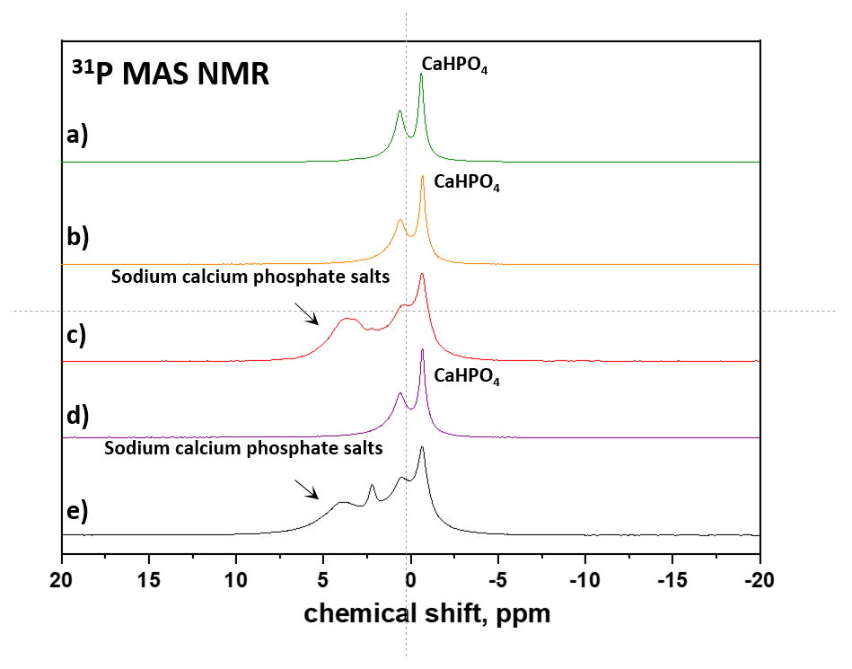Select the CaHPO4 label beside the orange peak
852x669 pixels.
[x=467, y=182]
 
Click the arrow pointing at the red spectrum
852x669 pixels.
[x=307, y=312]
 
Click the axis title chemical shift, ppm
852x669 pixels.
[x=426, y=613]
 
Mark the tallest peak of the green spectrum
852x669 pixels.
[x=421, y=75]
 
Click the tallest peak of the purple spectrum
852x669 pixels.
[x=422, y=351]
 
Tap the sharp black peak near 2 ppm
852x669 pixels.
[x=372, y=486]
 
